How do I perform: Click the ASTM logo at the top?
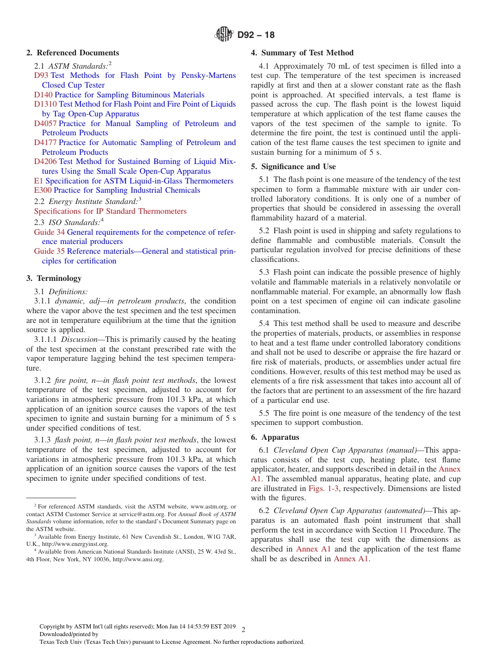pos(224,35)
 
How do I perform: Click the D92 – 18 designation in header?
pos(256,35)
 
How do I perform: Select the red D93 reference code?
pos(41,75)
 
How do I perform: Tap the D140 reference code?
pos(44,95)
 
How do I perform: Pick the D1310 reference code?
pos(46,104)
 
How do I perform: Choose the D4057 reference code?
pos(46,124)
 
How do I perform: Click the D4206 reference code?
pos(46,161)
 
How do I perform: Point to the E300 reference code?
pos(43,190)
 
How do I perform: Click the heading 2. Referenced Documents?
pos(72,53)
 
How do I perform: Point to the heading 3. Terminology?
pos(54,278)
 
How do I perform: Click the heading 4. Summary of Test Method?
pos(302,53)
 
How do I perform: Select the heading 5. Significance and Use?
pos(293,167)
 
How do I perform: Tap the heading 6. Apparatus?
pos(275,437)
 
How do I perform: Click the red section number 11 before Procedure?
pos(403,530)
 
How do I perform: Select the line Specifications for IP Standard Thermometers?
pos(110,211)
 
